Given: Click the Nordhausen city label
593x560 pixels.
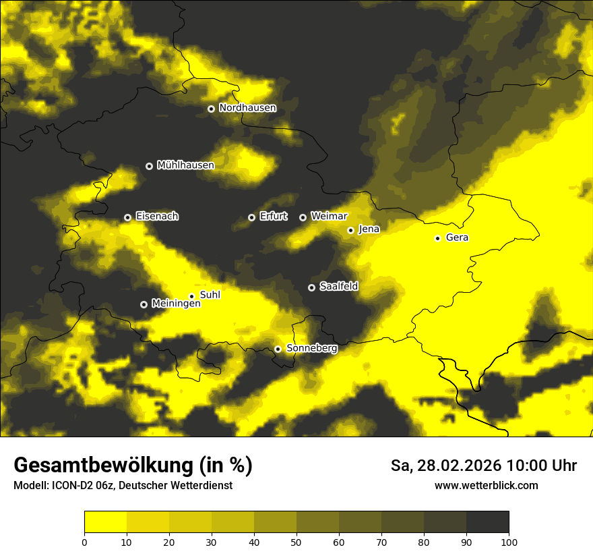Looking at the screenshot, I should [x=247, y=108].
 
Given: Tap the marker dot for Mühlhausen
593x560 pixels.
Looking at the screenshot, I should [x=150, y=166].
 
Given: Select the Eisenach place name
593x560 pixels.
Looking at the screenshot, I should [x=157, y=217].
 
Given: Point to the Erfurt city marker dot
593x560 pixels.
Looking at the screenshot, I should [x=252, y=217].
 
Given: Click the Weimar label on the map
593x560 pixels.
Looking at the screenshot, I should [x=329, y=217].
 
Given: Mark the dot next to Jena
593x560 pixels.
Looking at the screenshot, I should [x=350, y=230].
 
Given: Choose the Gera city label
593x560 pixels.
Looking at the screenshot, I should [x=457, y=237].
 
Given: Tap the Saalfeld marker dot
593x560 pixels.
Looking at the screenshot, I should [x=311, y=287].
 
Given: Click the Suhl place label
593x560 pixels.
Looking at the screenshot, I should [x=210, y=295].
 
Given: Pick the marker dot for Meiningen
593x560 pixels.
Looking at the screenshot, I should [x=144, y=304].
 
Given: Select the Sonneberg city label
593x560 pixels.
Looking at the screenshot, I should [x=311, y=348].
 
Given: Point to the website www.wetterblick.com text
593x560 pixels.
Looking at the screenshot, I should [x=486, y=486].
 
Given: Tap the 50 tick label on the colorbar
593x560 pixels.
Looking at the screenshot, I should [x=296, y=542].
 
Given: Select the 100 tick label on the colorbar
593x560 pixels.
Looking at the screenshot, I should [x=509, y=542].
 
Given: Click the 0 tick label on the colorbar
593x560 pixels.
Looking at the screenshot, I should [x=84, y=542].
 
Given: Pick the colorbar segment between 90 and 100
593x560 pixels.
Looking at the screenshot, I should [x=487, y=522].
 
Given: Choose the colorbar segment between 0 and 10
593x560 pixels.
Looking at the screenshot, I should [x=106, y=522].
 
